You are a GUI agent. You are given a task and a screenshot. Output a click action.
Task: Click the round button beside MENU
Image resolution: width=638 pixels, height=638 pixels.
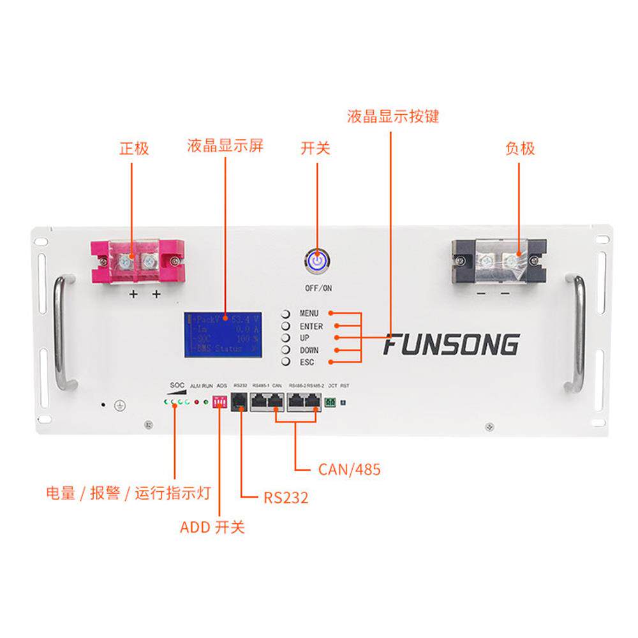point(286,314)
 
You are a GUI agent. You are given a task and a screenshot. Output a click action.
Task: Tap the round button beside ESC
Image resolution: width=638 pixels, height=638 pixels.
point(286,362)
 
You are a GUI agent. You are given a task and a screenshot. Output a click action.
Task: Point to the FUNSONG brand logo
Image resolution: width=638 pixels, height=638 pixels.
point(450,345)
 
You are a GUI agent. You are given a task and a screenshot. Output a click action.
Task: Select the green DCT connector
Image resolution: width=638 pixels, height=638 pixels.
point(330,403)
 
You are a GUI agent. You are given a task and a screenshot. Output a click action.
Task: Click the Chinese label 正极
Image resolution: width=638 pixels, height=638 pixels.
point(134,148)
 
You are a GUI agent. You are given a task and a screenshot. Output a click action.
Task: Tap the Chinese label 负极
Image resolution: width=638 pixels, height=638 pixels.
point(519,148)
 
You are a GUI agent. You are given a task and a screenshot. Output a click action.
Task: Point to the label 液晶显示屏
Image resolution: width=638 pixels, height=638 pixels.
point(225,145)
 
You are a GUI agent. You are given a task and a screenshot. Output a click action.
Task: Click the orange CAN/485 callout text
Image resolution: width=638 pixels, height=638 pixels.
point(349,470)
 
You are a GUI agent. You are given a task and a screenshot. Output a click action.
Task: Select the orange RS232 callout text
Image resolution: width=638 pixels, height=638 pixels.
point(286,497)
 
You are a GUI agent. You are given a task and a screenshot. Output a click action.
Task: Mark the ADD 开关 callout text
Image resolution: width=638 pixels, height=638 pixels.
point(212,527)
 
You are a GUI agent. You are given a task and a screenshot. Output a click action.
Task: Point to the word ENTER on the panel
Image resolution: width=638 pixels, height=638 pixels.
point(311,326)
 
